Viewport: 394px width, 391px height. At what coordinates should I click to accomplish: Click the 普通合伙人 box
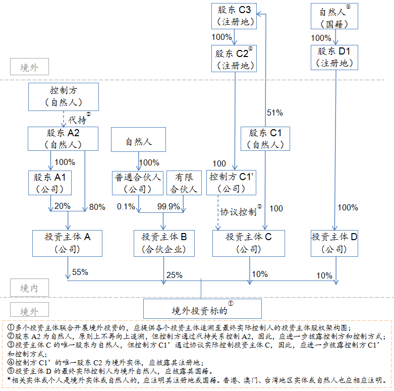pyautogui.click(x=137, y=183)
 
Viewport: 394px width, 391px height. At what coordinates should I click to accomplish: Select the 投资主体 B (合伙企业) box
pyautogui.click(x=163, y=243)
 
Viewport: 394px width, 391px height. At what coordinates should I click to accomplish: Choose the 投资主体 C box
pyautogui.click(x=248, y=243)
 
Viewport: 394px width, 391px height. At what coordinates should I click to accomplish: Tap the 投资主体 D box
pyautogui.click(x=334, y=243)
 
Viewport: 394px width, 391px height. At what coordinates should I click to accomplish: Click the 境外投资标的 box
pyautogui.click(x=202, y=308)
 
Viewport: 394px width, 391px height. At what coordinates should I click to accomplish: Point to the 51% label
pyautogui.click(x=274, y=113)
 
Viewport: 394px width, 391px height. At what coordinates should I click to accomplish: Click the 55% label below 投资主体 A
pyautogui.click(x=80, y=272)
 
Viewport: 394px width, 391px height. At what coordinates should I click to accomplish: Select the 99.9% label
pyautogui.click(x=168, y=207)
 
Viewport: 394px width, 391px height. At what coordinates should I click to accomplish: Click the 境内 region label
pyautogui.click(x=29, y=288)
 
